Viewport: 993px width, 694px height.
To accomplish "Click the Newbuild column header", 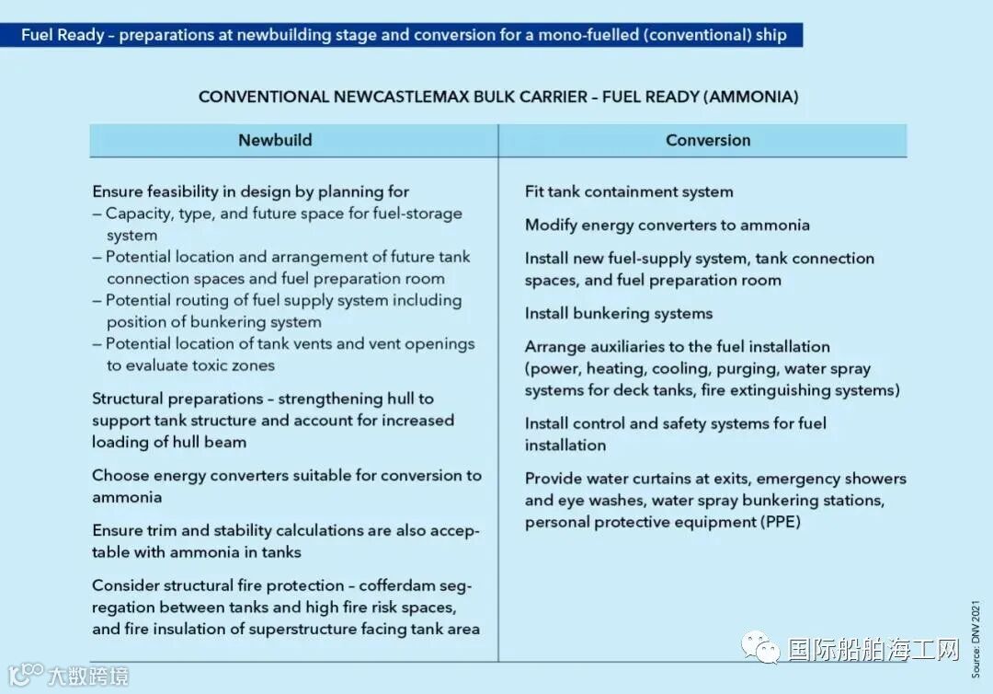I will coord(275,141).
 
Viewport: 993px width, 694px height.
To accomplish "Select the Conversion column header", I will coord(707,141).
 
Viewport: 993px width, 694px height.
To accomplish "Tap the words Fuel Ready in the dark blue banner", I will coord(63,36).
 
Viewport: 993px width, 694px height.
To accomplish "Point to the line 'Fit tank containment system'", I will coord(629,192).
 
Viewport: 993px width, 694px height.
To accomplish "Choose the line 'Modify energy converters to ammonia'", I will coord(667,226).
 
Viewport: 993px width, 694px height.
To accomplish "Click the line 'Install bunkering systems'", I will coord(618,314).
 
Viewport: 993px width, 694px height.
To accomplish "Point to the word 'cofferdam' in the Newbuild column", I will coord(399,586).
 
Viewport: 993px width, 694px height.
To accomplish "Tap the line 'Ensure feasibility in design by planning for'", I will coord(250,192).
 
